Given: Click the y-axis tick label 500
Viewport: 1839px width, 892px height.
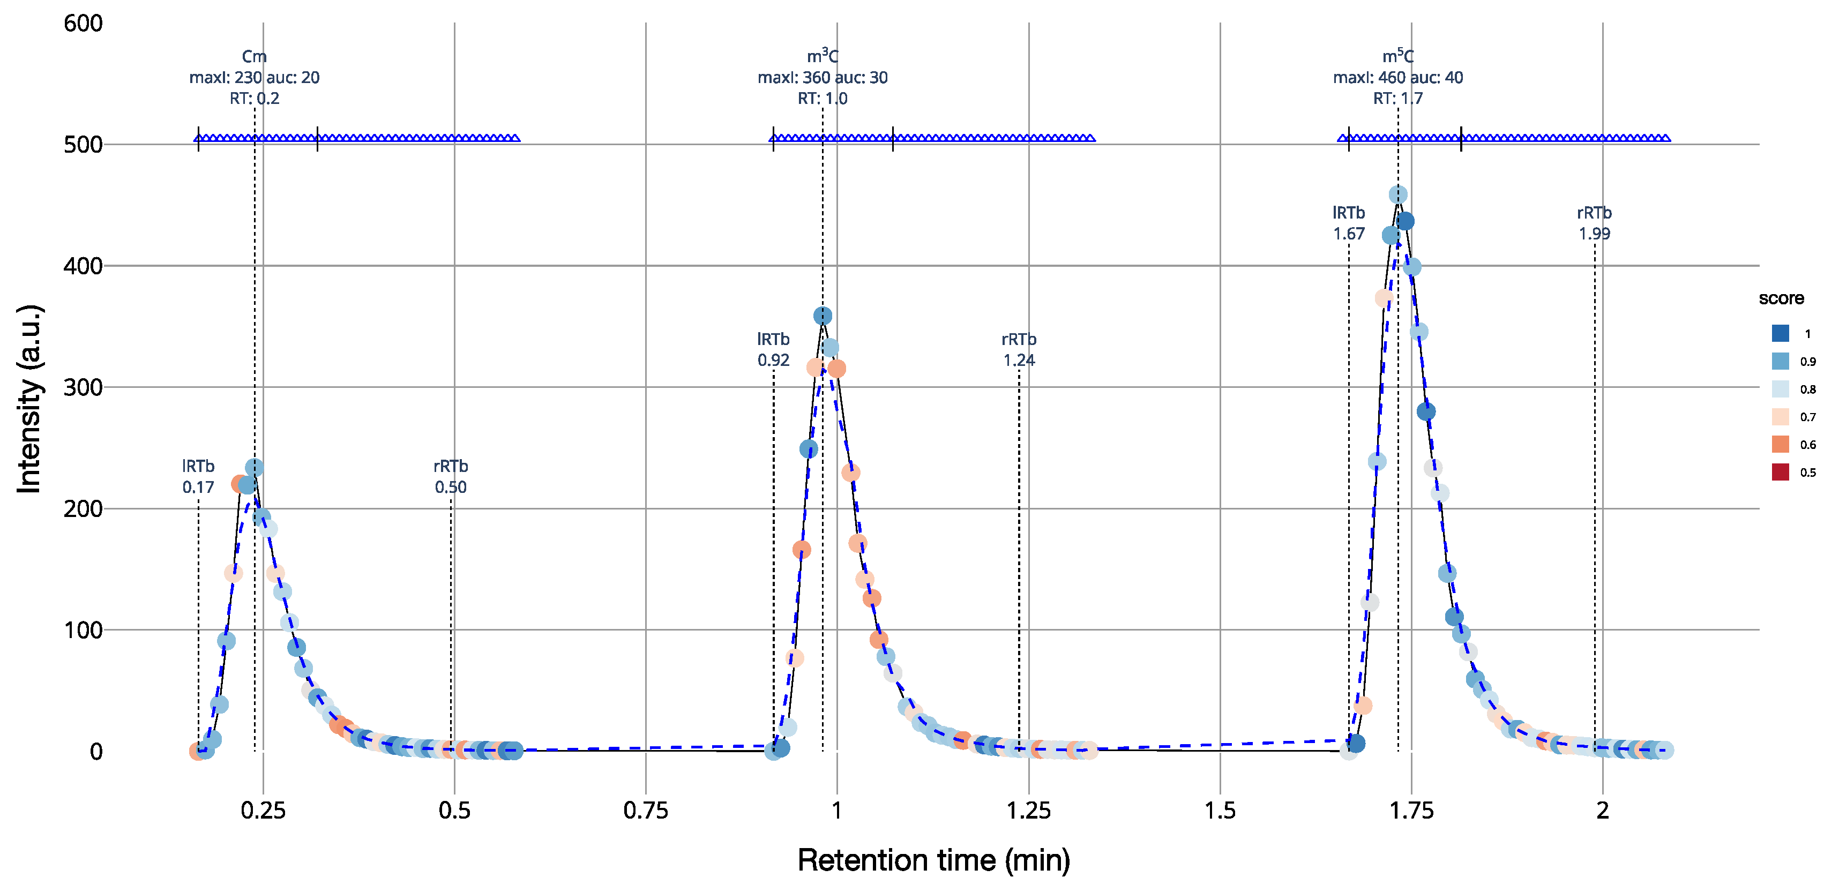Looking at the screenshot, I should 83,145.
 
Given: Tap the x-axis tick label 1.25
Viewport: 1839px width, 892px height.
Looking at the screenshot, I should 1028,811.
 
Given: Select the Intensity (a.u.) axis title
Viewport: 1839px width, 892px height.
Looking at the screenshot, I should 30,400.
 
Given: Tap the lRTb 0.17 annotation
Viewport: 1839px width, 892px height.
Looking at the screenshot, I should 198,477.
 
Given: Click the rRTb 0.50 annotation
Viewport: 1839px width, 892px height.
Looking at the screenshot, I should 451,477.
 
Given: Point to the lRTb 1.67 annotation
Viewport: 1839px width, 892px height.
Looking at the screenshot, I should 1349,223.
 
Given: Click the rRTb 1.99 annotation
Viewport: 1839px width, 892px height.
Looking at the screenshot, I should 1594,223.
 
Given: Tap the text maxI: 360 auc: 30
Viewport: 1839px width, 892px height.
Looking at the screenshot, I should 823,77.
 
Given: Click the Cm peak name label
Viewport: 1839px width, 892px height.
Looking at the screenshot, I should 254,56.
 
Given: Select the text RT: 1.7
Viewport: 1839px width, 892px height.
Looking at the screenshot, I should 1398,99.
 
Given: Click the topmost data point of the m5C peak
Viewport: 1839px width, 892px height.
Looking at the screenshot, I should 1398,195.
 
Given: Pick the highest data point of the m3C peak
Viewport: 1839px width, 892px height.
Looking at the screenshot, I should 823,316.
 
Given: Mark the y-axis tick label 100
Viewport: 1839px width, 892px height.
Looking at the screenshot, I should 83,630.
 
